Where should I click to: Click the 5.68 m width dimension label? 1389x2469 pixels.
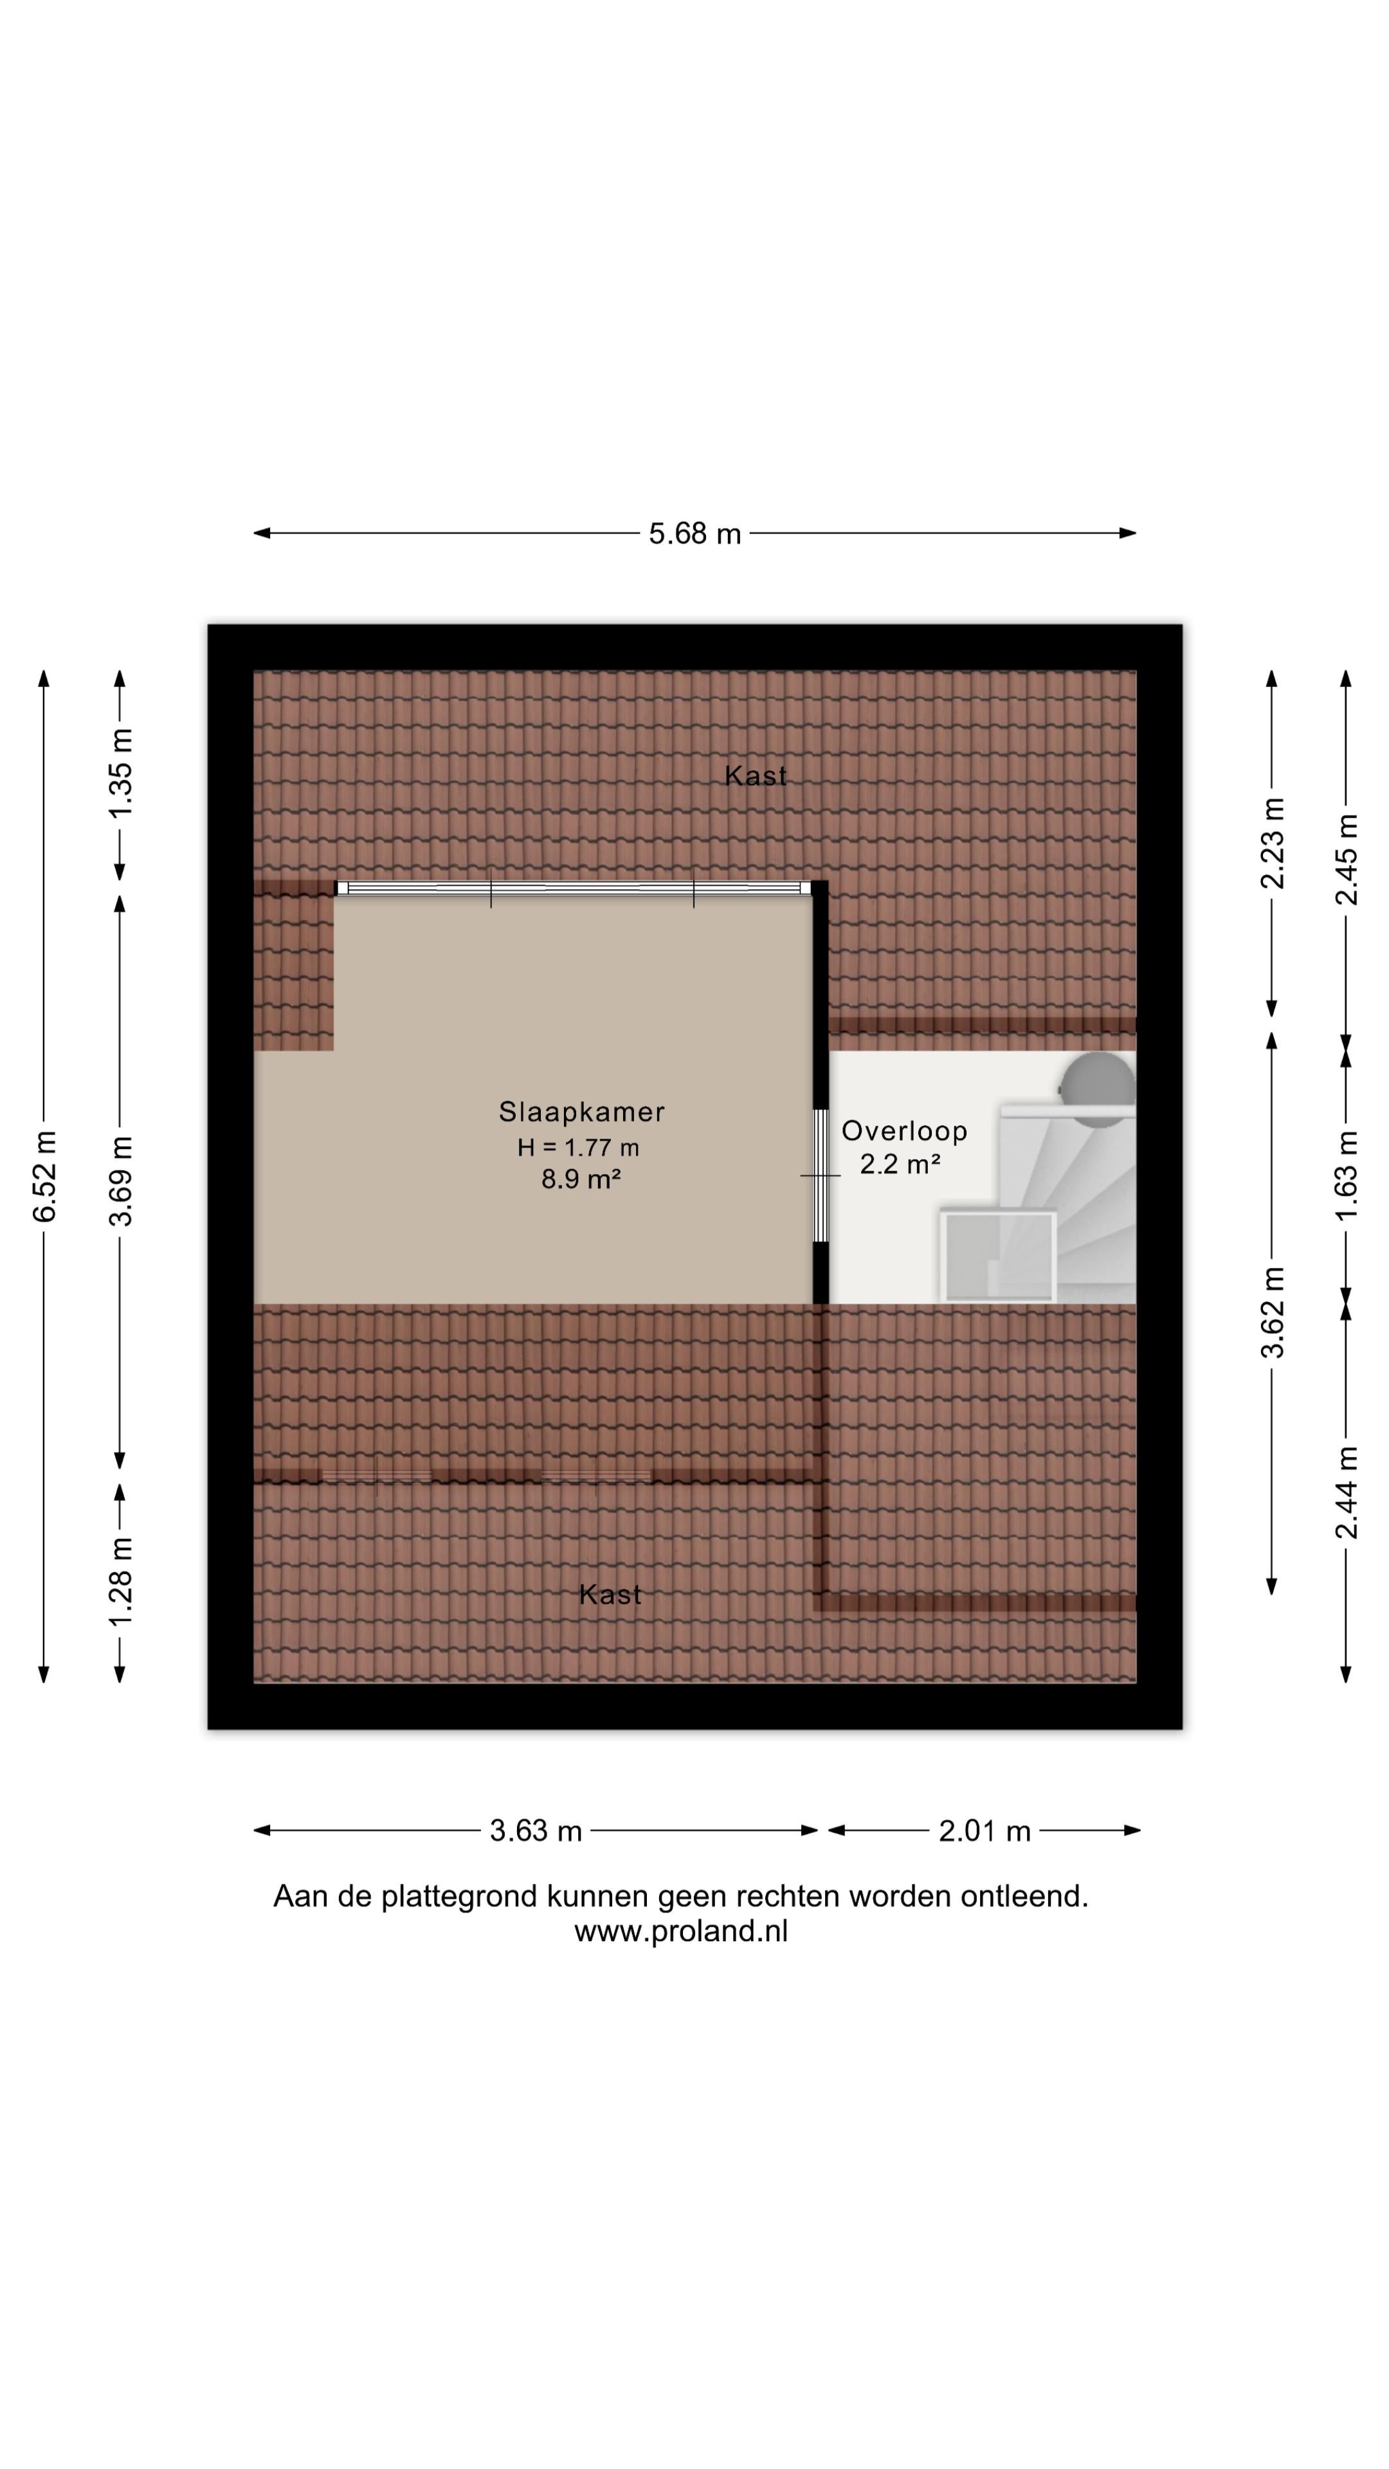point(695,534)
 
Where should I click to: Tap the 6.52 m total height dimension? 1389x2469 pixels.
point(45,1175)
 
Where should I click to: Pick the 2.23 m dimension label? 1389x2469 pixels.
point(1272,844)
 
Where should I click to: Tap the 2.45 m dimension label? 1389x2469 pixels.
point(1347,859)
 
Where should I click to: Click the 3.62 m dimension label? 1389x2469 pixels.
point(1272,1312)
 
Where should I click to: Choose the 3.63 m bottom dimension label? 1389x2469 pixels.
point(536,1832)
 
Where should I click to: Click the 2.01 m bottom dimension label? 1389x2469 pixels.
point(985,1832)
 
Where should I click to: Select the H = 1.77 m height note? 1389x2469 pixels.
point(578,1147)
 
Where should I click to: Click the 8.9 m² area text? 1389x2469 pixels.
point(581,1179)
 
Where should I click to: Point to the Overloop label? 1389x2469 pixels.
point(905,1132)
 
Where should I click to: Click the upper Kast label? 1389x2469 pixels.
point(756,776)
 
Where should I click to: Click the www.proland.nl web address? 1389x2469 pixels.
point(680,1931)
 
